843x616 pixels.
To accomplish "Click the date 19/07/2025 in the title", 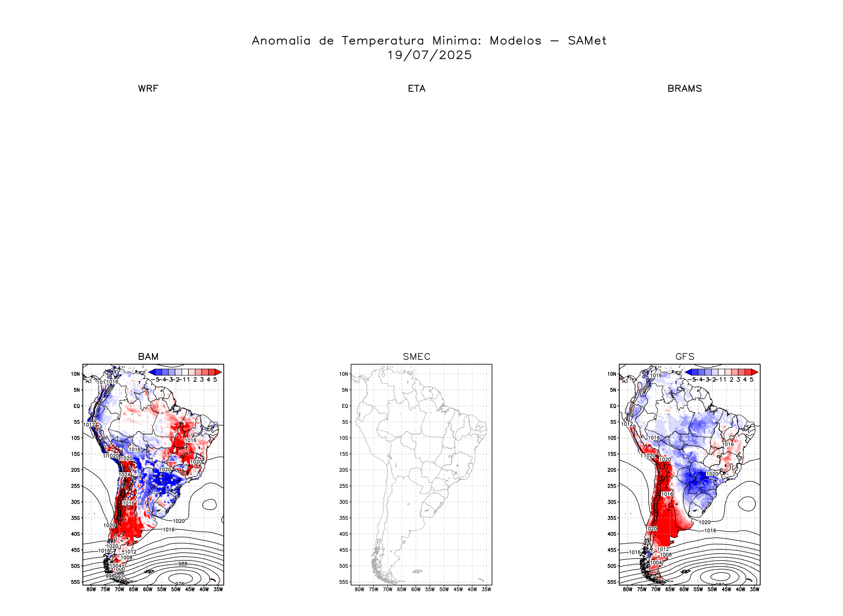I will [x=429, y=55].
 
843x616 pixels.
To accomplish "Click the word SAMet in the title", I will [x=587, y=41].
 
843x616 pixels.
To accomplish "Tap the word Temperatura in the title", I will [x=382, y=41].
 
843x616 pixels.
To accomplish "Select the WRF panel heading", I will [x=148, y=89].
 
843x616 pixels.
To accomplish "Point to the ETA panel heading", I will [x=416, y=89].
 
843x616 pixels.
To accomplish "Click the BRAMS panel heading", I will [x=685, y=89].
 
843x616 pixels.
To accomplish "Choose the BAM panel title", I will [x=148, y=357].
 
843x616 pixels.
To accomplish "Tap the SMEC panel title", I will [x=416, y=357].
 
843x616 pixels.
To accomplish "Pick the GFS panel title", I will [x=685, y=357].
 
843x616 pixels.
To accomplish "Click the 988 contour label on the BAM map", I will [x=183, y=564].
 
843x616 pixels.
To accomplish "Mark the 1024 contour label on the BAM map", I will [x=124, y=475].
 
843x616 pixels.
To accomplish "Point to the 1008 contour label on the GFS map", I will [x=666, y=555].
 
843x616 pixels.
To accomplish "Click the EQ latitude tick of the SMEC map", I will [x=345, y=406].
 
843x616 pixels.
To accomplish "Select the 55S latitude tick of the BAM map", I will [x=76, y=582].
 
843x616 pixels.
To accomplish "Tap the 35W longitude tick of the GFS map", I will [x=754, y=589].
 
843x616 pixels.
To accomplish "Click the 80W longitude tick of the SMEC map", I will [x=359, y=589].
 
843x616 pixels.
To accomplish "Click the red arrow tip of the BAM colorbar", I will [x=218, y=372].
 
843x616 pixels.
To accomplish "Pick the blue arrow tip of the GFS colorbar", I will [x=688, y=372].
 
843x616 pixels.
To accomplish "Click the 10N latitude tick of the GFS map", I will [x=612, y=374].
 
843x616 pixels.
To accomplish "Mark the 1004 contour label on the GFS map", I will [x=656, y=563].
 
